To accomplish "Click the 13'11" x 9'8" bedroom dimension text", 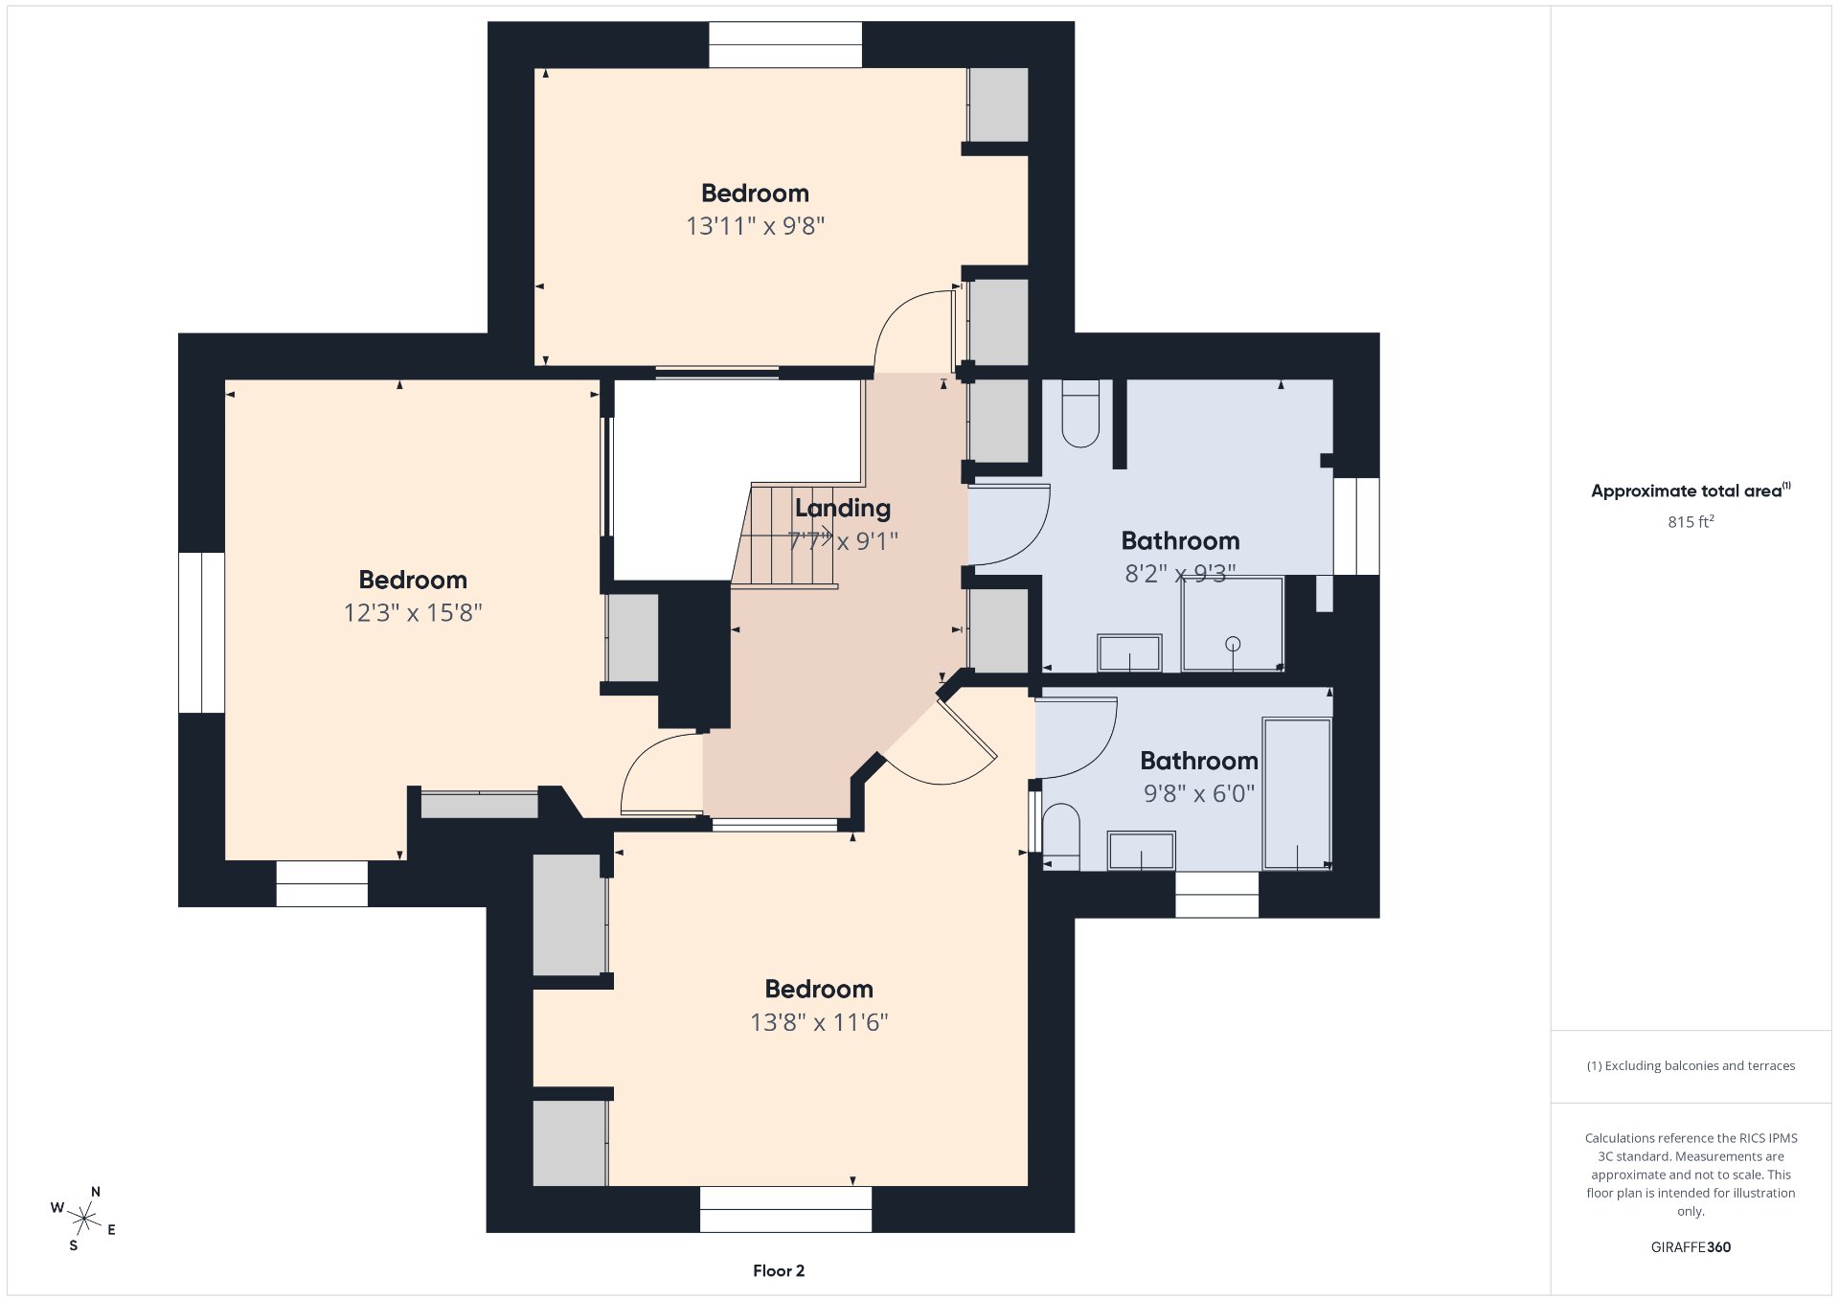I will (x=755, y=226).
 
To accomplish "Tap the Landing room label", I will (x=842, y=508).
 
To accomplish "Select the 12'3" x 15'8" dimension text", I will (x=413, y=613).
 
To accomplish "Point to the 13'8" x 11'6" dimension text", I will (x=819, y=1022).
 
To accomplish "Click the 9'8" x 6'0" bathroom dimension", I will (x=1198, y=793).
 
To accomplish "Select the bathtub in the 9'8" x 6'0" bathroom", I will (x=1297, y=794).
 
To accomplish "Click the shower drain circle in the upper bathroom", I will (x=1233, y=644).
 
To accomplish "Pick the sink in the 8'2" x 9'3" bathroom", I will (x=1129, y=653).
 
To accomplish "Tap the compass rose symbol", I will (x=84, y=1219).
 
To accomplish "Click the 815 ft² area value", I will (x=1691, y=522).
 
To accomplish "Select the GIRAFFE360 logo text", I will (x=1691, y=1247).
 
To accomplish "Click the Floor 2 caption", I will (x=779, y=1271).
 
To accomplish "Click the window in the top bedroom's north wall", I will (x=785, y=45).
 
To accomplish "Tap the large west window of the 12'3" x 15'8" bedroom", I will (x=202, y=632).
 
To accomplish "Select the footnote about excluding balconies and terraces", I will (x=1691, y=1065).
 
